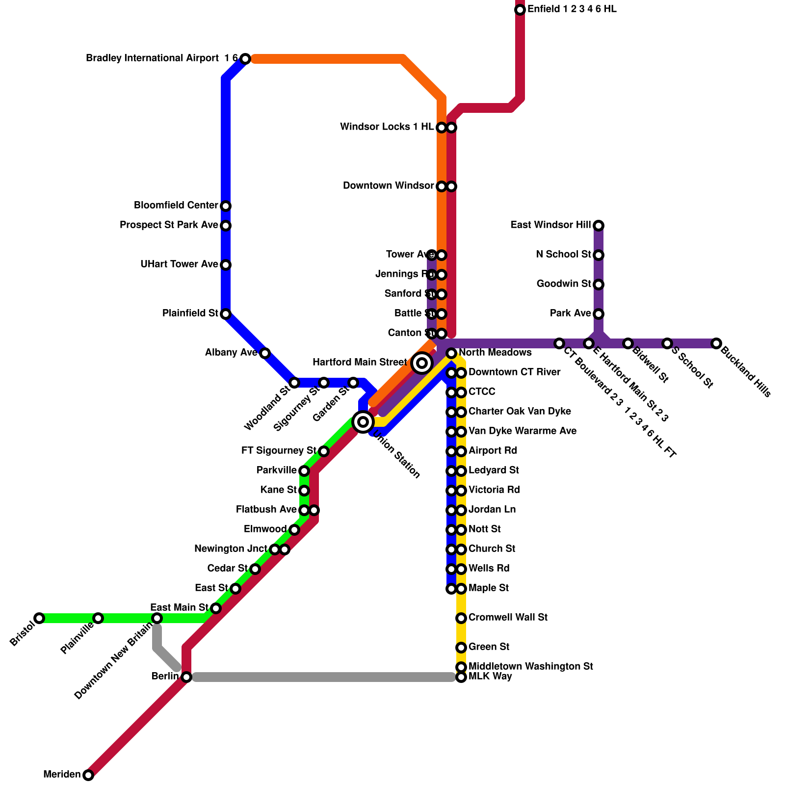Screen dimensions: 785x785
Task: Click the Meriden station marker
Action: click(x=88, y=775)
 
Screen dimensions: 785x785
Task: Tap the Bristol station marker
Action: click(x=39, y=618)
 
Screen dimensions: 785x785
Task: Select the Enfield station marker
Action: click(x=520, y=10)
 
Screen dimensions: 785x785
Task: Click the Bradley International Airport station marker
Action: click(x=245, y=59)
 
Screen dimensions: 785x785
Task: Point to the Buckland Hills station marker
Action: click(x=716, y=343)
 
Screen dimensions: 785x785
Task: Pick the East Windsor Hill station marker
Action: click(x=599, y=226)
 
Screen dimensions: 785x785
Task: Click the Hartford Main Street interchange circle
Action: click(x=422, y=363)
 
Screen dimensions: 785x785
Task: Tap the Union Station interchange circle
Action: click(x=363, y=422)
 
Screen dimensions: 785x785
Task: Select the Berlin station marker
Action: click(x=186, y=677)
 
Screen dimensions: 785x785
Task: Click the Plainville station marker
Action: click(x=98, y=618)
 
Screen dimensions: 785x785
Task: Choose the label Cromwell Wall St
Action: click(x=508, y=618)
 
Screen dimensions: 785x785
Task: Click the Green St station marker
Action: click(x=461, y=648)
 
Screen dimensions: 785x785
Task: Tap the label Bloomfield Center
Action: click(x=176, y=206)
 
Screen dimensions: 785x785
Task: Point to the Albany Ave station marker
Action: click(x=265, y=353)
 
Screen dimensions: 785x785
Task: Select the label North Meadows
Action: click(x=495, y=353)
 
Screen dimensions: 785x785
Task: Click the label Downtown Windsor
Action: click(x=388, y=186)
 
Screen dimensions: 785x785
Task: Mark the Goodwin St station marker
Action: click(x=599, y=285)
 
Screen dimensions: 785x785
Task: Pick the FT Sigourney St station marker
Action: click(x=324, y=451)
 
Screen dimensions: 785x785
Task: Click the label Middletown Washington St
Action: click(x=531, y=667)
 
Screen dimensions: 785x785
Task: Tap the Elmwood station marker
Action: click(x=294, y=530)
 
